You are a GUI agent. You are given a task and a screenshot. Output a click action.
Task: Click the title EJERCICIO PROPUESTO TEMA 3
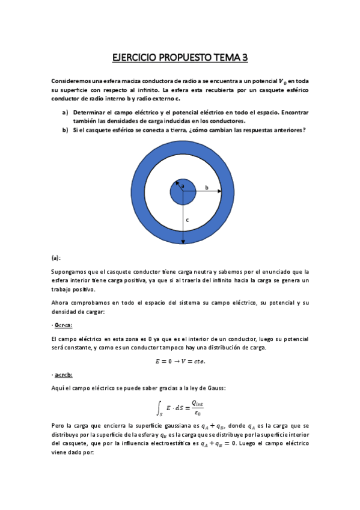click(180, 58)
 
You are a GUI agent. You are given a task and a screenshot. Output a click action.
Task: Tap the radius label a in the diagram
click(182, 187)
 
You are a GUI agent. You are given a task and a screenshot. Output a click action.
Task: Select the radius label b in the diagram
click(207, 188)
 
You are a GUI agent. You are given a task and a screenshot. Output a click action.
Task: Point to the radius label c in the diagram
click(187, 220)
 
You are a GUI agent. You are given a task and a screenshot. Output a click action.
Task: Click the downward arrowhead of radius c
click(183, 241)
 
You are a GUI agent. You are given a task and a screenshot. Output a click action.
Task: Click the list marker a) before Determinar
click(65, 112)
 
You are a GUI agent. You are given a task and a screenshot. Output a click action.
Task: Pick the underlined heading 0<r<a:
click(62, 325)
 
